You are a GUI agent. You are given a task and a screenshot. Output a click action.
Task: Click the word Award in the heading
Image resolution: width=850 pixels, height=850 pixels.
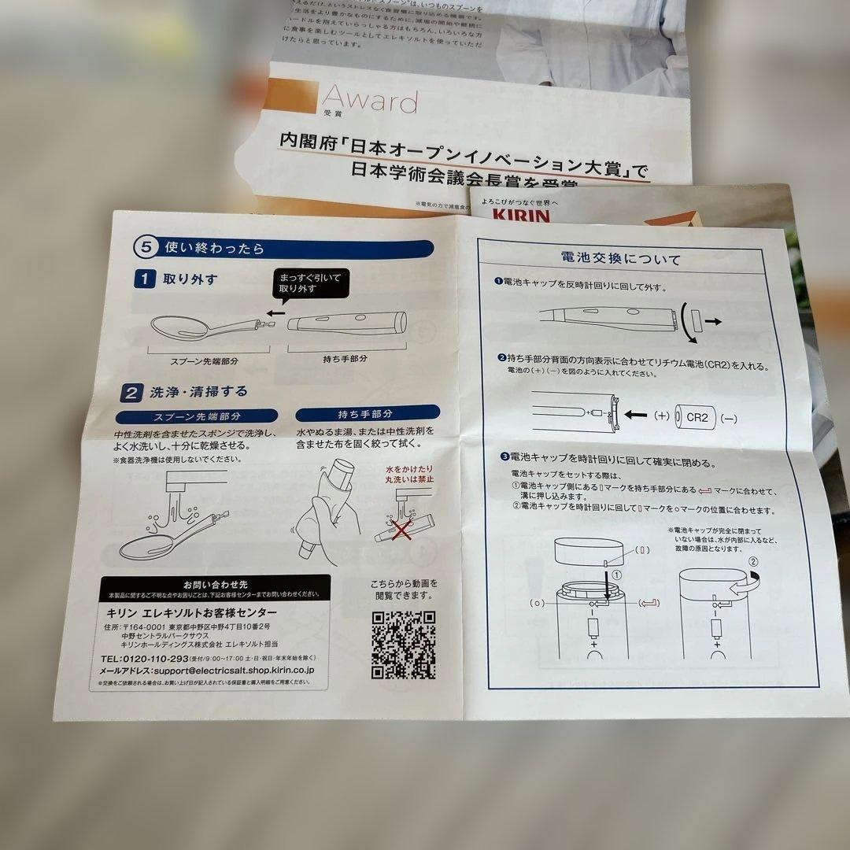(x=370, y=102)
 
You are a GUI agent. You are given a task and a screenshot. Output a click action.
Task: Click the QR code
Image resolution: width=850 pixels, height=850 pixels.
(x=404, y=645)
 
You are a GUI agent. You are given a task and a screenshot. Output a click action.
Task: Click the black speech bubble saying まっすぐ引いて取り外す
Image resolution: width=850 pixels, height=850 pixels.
(x=309, y=283)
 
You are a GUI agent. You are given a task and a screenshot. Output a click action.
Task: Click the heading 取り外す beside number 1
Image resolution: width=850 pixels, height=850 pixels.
(x=190, y=279)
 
